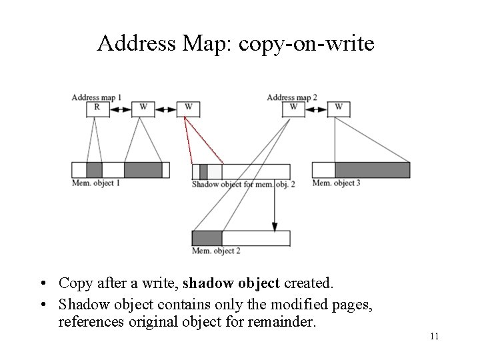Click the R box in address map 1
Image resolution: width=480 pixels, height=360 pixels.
(97, 108)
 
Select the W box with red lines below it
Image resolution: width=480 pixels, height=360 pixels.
(188, 108)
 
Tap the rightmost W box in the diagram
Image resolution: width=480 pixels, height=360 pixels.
(338, 108)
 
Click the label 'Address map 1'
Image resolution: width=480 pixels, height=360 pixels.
(97, 98)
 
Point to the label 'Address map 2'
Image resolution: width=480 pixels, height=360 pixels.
(292, 98)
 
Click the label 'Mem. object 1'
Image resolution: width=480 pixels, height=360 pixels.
(96, 183)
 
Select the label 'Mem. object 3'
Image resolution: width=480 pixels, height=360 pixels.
(337, 183)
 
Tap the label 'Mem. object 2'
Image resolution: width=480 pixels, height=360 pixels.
(216, 251)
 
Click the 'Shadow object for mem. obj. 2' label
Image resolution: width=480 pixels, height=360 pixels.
(243, 184)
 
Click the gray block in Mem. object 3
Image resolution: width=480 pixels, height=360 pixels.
(372, 170)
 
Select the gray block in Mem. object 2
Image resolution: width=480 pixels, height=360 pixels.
(207, 238)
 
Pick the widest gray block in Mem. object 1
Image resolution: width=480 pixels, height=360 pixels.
(143, 170)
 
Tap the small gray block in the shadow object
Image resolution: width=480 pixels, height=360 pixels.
(203, 171)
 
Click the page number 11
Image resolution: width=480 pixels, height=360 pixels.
(434, 336)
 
